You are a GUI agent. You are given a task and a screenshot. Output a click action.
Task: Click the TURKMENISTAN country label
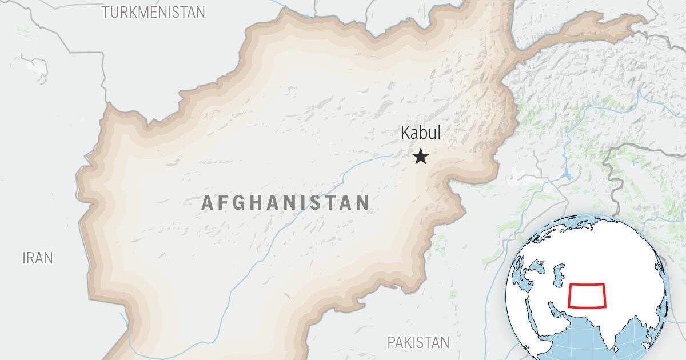tap(153, 12)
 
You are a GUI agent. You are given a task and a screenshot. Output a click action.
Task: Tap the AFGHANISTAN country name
tap(285, 202)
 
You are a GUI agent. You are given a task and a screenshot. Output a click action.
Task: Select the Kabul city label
tap(421, 133)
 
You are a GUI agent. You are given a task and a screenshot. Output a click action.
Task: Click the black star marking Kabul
tap(421, 157)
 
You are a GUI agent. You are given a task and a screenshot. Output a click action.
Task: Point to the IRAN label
tap(38, 258)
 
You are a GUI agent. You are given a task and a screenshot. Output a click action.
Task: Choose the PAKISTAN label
tap(418, 342)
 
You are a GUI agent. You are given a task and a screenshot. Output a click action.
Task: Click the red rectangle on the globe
tap(588, 295)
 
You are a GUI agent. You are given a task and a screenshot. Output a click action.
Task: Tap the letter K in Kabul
tap(405, 133)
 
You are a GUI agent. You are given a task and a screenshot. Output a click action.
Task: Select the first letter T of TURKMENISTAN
tap(106, 12)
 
